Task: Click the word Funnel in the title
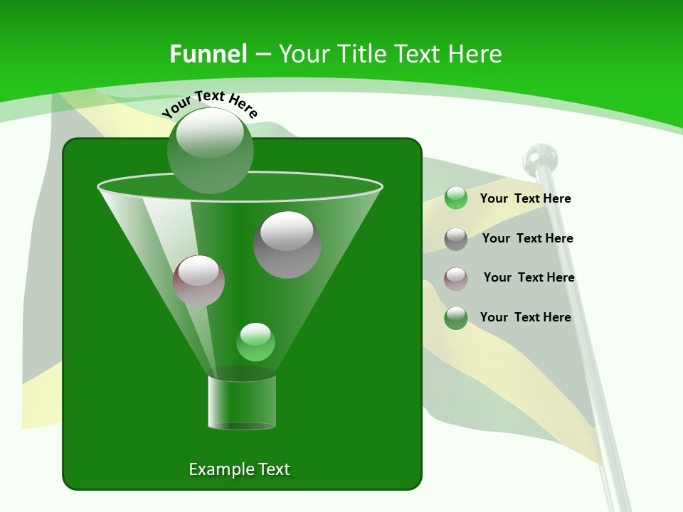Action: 208,54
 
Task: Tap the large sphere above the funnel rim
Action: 211,150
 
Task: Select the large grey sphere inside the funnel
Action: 287,245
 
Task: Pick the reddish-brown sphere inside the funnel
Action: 199,281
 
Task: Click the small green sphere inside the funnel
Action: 255,342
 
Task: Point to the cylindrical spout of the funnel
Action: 242,402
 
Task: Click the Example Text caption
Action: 240,469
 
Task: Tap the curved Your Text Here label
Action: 210,103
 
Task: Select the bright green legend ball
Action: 456,198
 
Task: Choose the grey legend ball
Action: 456,239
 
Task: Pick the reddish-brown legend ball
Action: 456,278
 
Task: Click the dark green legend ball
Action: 456,318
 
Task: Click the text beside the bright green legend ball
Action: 526,198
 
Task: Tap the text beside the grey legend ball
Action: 527,238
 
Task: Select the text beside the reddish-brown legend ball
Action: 529,277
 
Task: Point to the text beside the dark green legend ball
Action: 526,317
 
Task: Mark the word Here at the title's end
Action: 476,54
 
